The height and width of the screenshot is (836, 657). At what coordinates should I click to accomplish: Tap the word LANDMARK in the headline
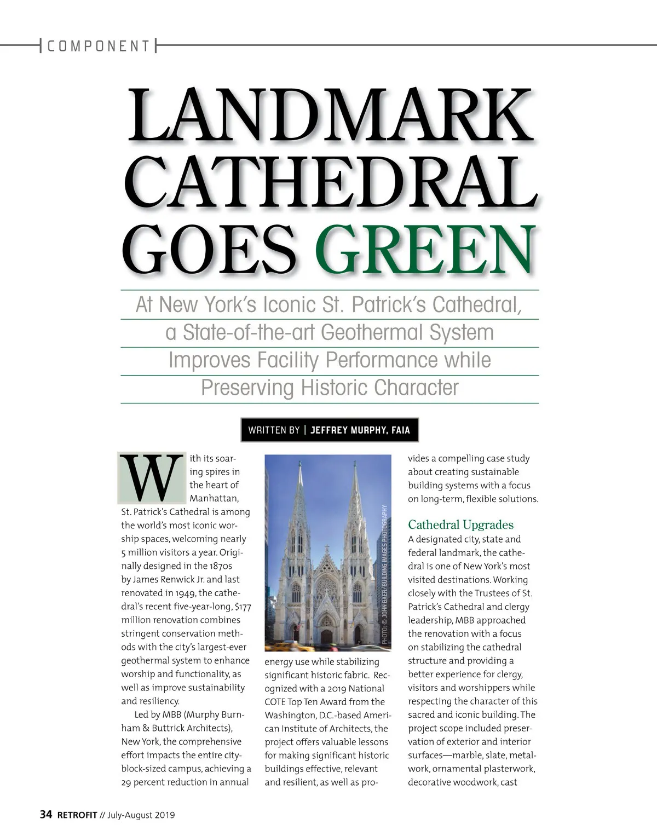331,116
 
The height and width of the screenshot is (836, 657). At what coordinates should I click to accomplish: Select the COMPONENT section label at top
99,46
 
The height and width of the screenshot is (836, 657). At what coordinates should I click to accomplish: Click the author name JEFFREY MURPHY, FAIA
360,430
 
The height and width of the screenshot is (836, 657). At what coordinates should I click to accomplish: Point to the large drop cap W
152,478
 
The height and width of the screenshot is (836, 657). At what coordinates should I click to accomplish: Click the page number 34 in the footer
46,815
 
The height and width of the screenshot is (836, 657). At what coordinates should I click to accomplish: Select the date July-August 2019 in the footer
141,815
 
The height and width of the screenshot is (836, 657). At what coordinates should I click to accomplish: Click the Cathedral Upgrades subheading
460,524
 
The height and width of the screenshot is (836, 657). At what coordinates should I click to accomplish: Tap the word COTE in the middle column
277,702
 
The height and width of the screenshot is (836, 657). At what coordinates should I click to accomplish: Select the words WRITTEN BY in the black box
274,430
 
